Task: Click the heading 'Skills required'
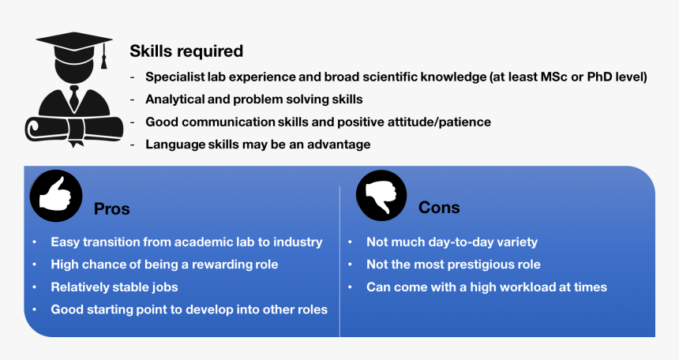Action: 186,51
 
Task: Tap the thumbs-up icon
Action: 56,196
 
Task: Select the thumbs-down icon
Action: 381,195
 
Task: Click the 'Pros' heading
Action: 112,208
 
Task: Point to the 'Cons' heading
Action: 439,208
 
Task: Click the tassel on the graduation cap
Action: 104,56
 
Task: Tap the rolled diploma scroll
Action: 74,129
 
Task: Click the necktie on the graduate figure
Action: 74,97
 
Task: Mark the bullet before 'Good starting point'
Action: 34,309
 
